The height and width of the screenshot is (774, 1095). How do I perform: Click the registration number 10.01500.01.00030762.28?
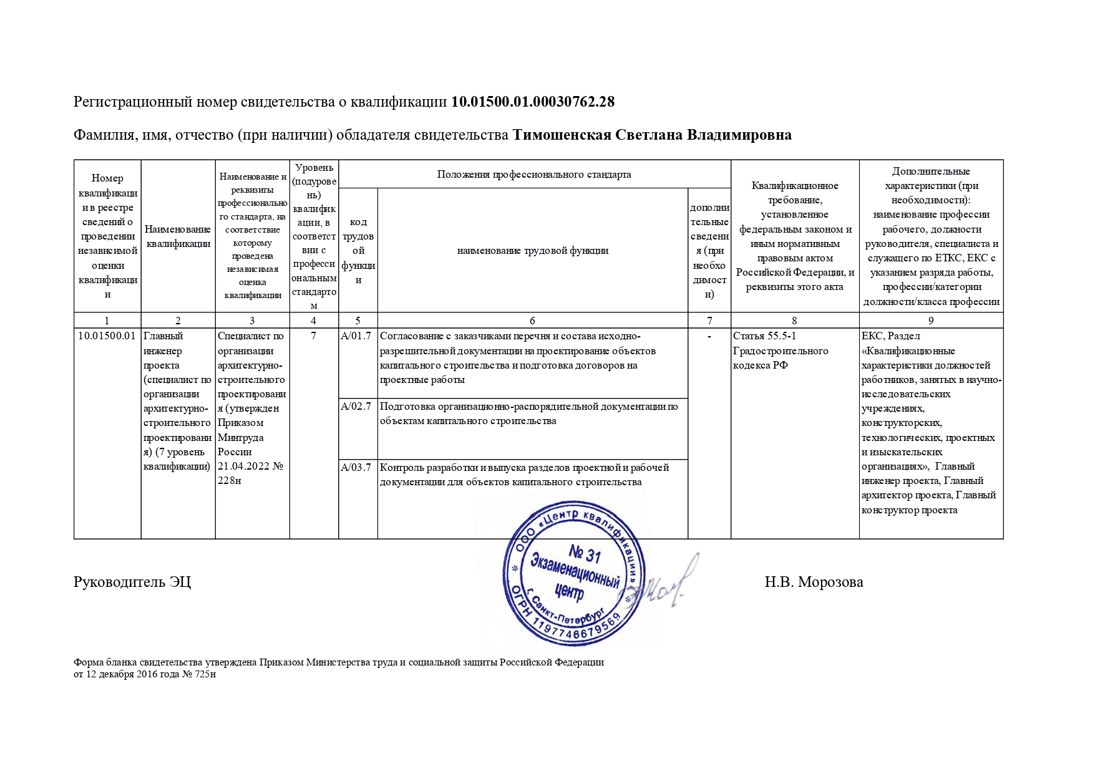pos(533,102)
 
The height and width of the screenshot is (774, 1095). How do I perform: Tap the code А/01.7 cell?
pos(356,336)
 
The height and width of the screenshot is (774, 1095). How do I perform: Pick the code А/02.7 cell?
pos(356,407)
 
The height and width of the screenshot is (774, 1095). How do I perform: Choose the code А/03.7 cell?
pos(356,468)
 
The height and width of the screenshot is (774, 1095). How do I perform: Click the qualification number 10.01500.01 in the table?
pos(107,336)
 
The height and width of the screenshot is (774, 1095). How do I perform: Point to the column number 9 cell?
pos(931,321)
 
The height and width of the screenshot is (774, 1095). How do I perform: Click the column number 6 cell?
pos(532,321)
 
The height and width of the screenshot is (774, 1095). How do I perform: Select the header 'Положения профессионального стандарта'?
pos(534,175)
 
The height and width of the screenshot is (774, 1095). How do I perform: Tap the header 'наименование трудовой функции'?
pos(532,251)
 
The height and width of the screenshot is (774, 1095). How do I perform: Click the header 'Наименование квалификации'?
pos(178,236)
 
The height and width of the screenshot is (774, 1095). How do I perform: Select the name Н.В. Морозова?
pos(814,583)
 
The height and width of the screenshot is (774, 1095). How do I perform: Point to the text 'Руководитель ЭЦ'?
pos(132,583)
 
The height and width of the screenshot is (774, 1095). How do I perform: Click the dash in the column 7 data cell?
pos(709,337)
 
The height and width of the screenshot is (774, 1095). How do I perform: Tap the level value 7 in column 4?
pos(313,336)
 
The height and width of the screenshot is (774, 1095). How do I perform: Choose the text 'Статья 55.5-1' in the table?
pos(764,336)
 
